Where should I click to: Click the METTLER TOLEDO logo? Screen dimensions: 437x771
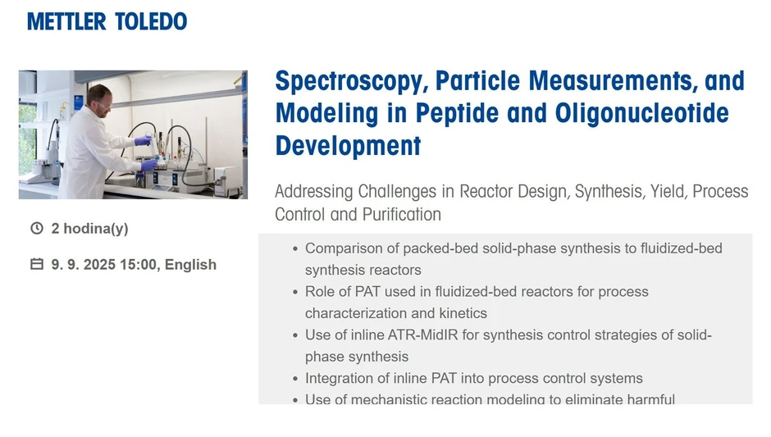(107, 21)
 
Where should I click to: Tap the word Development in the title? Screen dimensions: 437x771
(348, 146)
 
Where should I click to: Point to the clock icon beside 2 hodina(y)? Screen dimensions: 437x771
(36, 228)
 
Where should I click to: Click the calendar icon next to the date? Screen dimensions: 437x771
(36, 264)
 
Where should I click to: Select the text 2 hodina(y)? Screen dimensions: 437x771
(89, 228)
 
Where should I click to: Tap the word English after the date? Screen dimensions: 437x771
(190, 264)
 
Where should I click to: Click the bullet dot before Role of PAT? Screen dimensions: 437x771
(294, 292)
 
